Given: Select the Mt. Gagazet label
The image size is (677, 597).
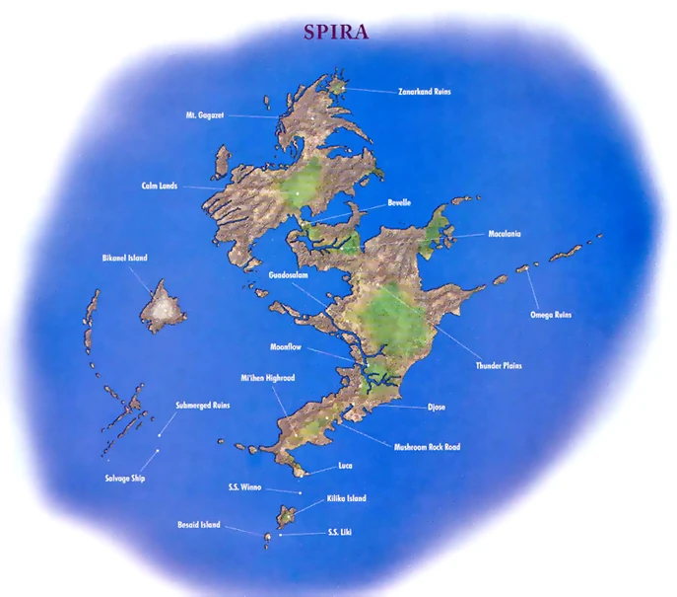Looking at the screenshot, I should tap(204, 115).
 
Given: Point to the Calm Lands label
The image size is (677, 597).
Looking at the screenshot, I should tap(159, 186).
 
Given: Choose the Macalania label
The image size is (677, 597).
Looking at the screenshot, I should tap(505, 234).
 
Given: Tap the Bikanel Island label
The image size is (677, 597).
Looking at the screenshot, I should tap(125, 258).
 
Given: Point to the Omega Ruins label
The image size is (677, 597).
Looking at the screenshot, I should tap(551, 315).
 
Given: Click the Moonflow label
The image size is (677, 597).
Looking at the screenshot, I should tap(287, 347).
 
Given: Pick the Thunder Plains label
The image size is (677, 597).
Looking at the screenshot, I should tap(498, 365).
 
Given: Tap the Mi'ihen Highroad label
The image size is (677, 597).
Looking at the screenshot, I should tap(268, 378).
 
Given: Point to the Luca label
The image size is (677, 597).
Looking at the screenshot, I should tap(344, 465).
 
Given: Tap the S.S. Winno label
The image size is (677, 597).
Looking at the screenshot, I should tap(247, 486).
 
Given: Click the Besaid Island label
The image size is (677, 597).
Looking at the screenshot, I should tap(198, 524).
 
